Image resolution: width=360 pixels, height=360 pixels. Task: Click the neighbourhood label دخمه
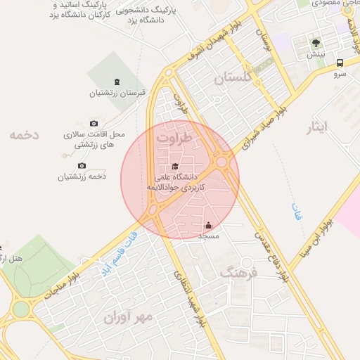click(x=25, y=134)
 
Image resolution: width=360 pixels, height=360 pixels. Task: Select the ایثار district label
click(x=317, y=128)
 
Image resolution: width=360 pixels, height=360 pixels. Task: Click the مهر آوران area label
click(x=128, y=317)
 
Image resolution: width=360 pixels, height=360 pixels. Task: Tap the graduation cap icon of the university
click(x=175, y=166)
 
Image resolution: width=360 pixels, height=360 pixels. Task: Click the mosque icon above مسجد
click(x=208, y=226)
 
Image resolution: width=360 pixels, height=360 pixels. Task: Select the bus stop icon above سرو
click(x=340, y=62)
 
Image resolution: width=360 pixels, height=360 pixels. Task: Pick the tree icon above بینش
click(x=316, y=43)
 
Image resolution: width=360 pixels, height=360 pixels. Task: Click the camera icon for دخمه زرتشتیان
click(x=82, y=166)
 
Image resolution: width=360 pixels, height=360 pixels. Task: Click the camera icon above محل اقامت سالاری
click(x=94, y=123)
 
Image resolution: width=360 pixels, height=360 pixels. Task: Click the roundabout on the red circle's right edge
click(x=222, y=162)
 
